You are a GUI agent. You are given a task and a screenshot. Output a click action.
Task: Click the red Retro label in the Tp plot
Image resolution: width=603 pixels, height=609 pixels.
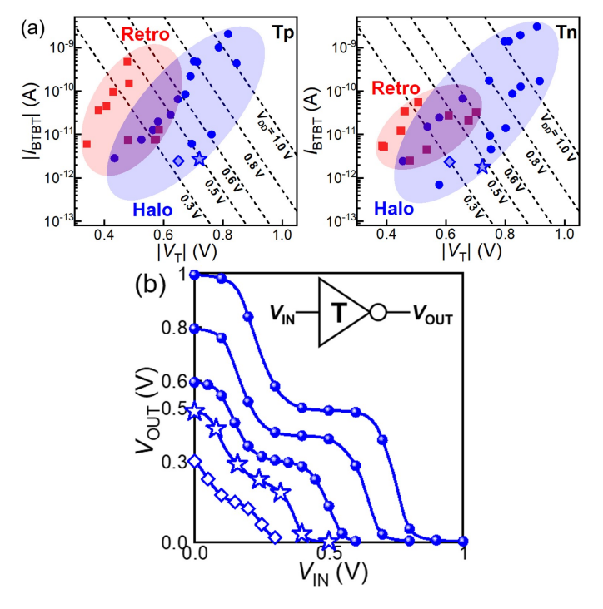coord(146,34)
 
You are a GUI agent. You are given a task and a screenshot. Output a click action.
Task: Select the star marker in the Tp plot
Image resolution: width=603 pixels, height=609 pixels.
coord(199,159)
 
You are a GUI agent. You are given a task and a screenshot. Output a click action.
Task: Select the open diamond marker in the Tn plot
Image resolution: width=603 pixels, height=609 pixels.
coord(450,162)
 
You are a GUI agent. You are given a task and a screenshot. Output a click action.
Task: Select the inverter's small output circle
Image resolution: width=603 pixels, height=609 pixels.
coord(377,314)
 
